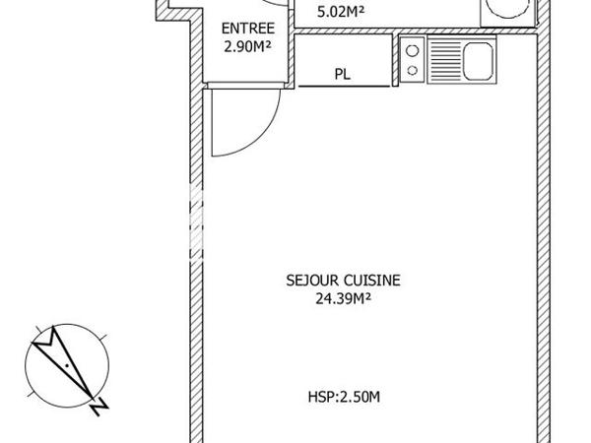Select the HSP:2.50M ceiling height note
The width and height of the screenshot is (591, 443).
coord(344,398)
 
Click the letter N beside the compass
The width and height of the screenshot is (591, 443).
coord(97,405)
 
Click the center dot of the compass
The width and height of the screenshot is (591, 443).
coord(65,366)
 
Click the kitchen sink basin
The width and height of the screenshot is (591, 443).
coord(484,60)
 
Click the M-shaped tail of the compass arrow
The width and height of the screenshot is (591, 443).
coord(43,343)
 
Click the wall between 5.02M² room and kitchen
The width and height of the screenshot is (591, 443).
coord(414,31)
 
